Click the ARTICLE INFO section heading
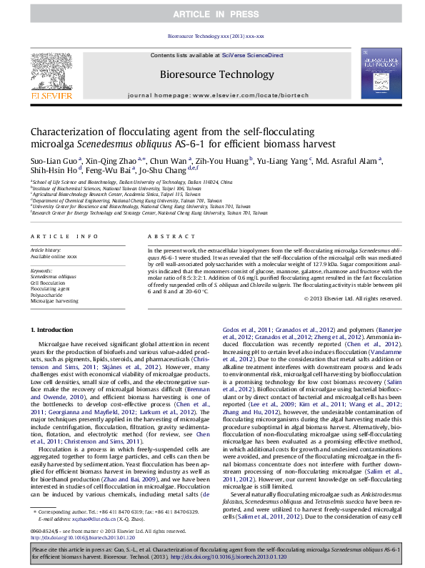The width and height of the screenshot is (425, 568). [64, 236]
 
